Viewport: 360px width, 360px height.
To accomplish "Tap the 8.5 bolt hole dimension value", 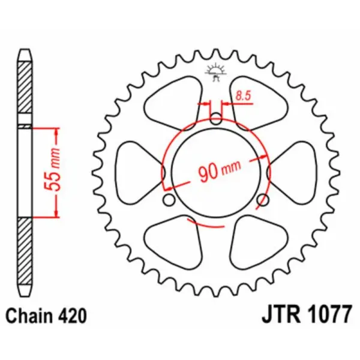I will point(243,94).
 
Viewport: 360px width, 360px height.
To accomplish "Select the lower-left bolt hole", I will point(169,199).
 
